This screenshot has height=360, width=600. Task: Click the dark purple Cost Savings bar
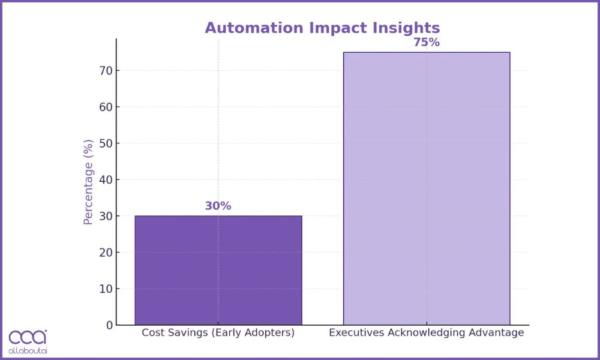point(218,270)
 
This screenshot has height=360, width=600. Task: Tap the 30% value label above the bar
point(218,206)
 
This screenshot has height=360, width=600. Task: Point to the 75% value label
point(426,43)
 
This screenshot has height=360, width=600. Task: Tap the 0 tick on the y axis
point(109,325)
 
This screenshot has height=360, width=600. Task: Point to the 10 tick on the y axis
point(106,289)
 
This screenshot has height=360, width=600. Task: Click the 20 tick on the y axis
point(106,253)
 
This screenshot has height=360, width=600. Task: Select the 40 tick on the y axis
point(106,180)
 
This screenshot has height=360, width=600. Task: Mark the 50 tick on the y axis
point(106,143)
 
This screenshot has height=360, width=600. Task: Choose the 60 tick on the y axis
point(106,107)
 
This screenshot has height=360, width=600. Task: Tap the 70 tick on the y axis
point(106,71)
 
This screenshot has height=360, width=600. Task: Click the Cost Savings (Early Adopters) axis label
point(218,332)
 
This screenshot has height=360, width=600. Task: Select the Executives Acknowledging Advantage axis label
point(426,332)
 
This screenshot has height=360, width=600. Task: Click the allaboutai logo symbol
point(28,337)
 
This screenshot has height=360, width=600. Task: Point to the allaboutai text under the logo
point(28,350)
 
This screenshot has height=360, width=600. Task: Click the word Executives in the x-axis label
point(354,332)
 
